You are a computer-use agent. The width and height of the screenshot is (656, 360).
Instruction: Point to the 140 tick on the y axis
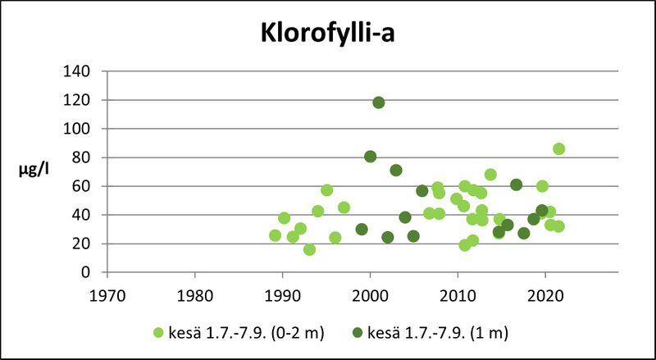(78, 71)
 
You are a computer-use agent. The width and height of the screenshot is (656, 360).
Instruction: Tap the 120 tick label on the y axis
(78, 100)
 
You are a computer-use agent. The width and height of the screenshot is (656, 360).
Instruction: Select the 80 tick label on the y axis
(81, 157)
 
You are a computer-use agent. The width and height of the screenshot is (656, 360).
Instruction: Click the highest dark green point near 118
(379, 103)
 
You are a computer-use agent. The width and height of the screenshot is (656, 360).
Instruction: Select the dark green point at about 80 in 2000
(370, 157)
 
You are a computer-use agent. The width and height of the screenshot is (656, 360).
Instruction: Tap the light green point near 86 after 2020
(558, 148)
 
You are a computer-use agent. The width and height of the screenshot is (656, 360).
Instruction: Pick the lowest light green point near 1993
(309, 249)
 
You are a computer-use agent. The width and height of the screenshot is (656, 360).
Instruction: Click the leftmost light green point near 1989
(276, 235)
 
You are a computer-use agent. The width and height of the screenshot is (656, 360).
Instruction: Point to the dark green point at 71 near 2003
(396, 171)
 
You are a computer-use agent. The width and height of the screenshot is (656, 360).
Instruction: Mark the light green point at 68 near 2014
(490, 175)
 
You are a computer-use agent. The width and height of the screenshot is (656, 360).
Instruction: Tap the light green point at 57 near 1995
(326, 190)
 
